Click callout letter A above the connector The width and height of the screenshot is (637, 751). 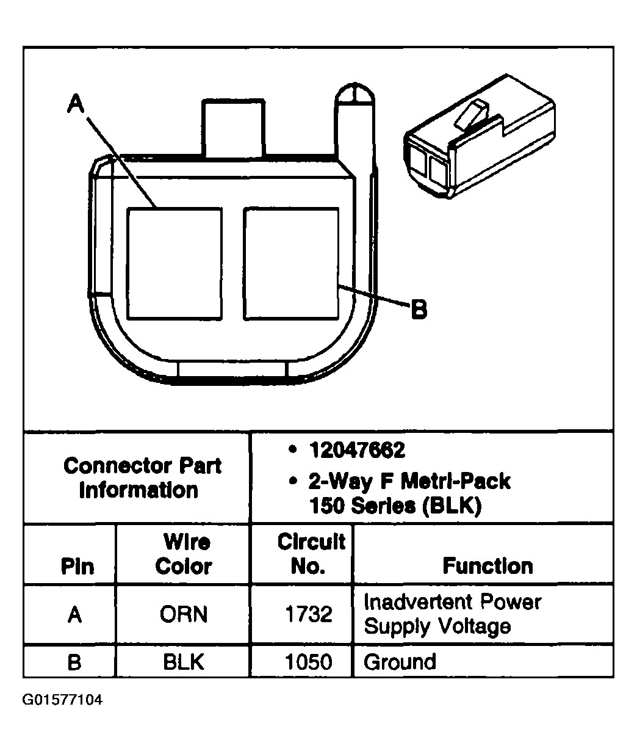point(76,104)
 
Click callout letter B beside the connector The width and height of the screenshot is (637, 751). point(419,310)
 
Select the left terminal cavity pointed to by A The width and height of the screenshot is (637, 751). point(175,263)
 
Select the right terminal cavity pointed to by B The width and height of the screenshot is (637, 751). point(290,263)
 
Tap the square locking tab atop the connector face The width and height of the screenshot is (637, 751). point(234,129)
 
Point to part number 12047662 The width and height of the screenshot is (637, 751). point(357,451)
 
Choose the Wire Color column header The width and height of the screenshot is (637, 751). point(183,554)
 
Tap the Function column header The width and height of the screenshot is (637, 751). point(488,566)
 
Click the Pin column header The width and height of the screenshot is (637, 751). point(77,566)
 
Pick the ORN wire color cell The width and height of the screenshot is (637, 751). point(183,614)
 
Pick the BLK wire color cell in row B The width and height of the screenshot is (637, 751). point(183,662)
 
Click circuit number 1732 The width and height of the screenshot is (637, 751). point(309,614)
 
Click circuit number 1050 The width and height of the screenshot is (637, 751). point(309,662)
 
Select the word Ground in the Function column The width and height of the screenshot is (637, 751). point(400,662)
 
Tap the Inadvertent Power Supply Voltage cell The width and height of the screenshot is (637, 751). point(452,614)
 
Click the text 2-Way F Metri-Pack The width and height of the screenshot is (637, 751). point(409,482)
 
